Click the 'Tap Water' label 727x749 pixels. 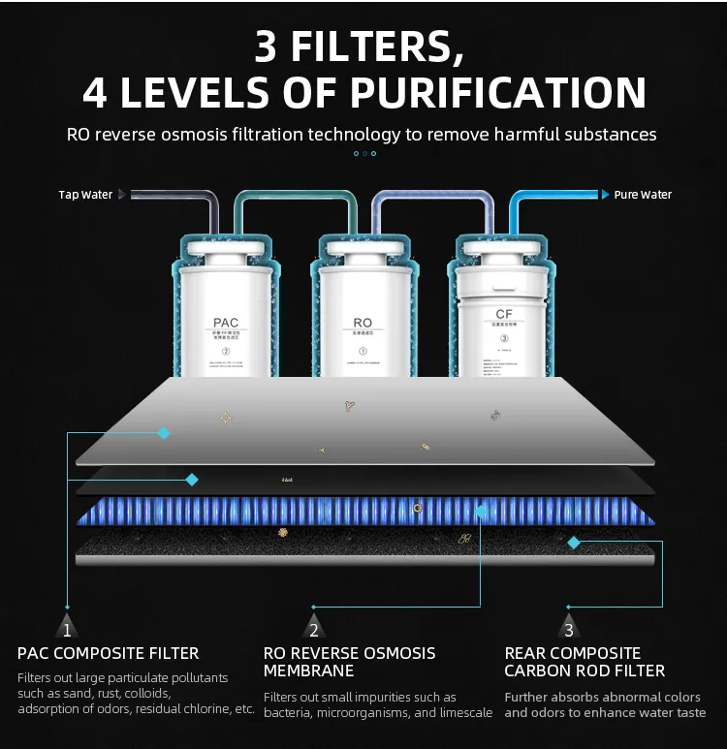tap(85, 195)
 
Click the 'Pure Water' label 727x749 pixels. tap(643, 195)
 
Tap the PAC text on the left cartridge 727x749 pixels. tap(226, 323)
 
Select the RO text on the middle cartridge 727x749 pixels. tap(363, 323)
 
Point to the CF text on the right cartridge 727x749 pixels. tap(504, 314)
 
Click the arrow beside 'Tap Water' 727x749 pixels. tap(122, 195)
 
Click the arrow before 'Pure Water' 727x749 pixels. tap(605, 195)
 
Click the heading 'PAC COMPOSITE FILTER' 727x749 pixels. tap(109, 653)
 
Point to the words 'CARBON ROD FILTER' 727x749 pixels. tap(585, 671)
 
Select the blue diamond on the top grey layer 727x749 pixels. tap(164, 433)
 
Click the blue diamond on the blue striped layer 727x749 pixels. tap(481, 511)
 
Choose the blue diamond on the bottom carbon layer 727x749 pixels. tap(574, 542)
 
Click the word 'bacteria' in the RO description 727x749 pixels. tap(290, 713)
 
